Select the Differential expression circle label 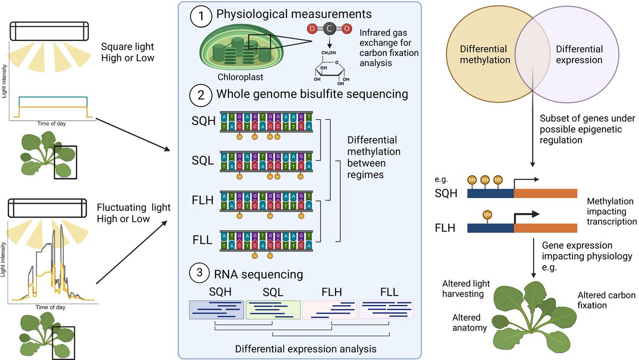pyautogui.click(x=579, y=54)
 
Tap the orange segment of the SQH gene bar pyautogui.click(x=545, y=193)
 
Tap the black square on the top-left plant pyautogui.click(x=65, y=162)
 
